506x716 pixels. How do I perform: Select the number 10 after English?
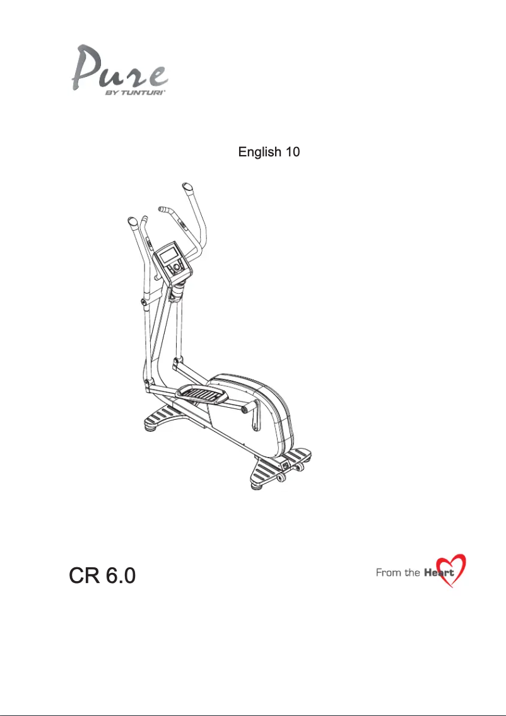coord(291,153)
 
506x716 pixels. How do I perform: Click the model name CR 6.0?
coord(101,575)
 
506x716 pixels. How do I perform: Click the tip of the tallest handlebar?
coord(188,187)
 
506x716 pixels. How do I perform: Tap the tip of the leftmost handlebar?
coord(132,222)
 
